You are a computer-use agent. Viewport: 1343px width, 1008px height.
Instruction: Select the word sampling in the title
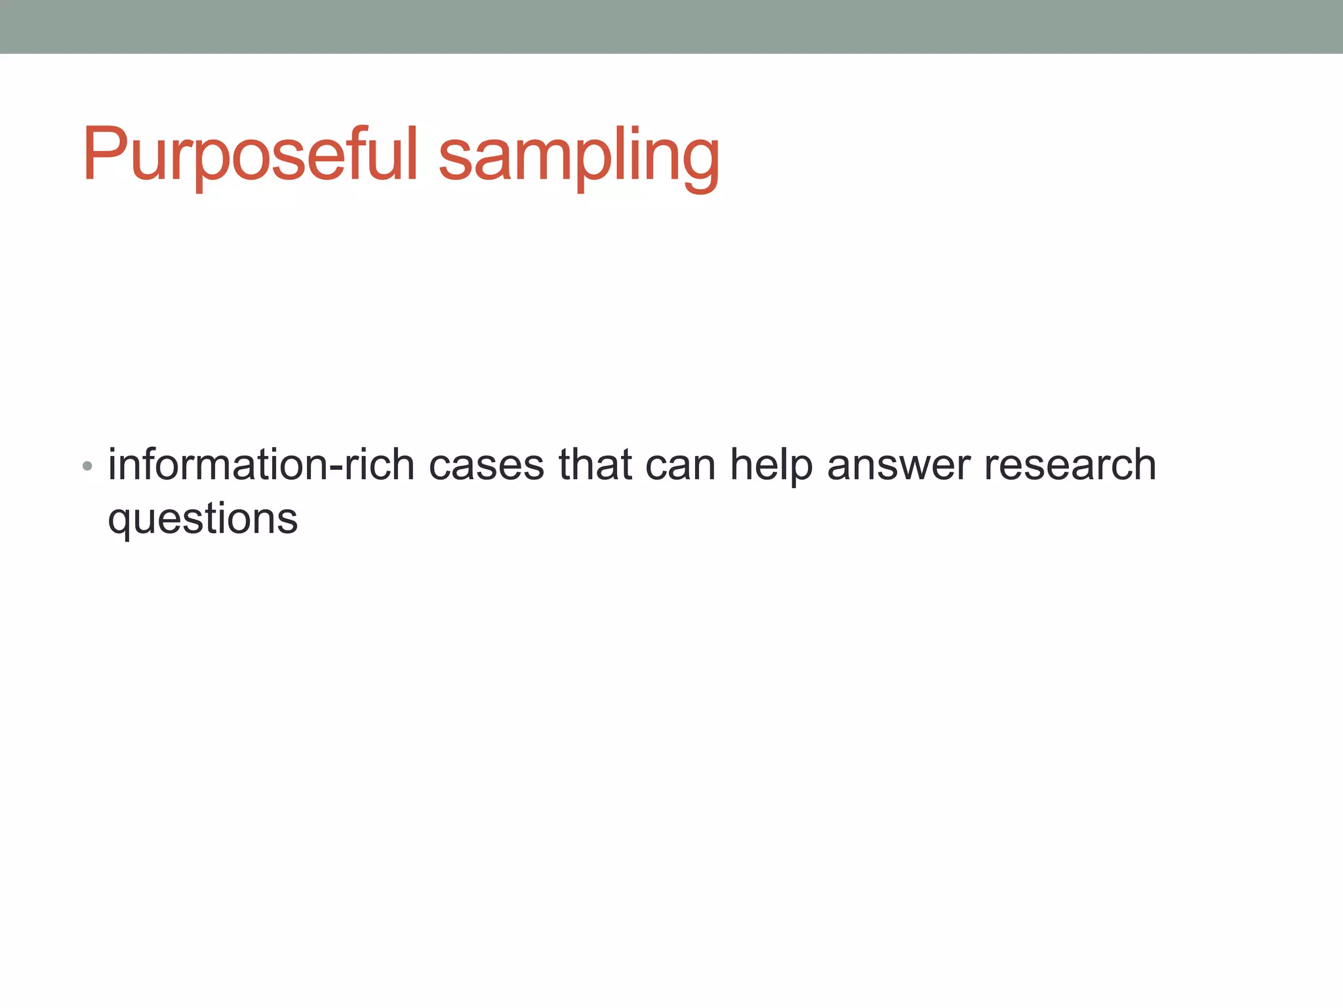[x=579, y=157]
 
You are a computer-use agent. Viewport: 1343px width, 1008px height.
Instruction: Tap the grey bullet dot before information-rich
[x=87, y=467]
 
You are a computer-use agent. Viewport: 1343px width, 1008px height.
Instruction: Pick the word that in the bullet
[x=595, y=465]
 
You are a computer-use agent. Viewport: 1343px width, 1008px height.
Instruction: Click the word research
[x=1070, y=465]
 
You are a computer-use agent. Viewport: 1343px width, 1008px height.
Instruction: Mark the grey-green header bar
[x=671, y=26]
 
